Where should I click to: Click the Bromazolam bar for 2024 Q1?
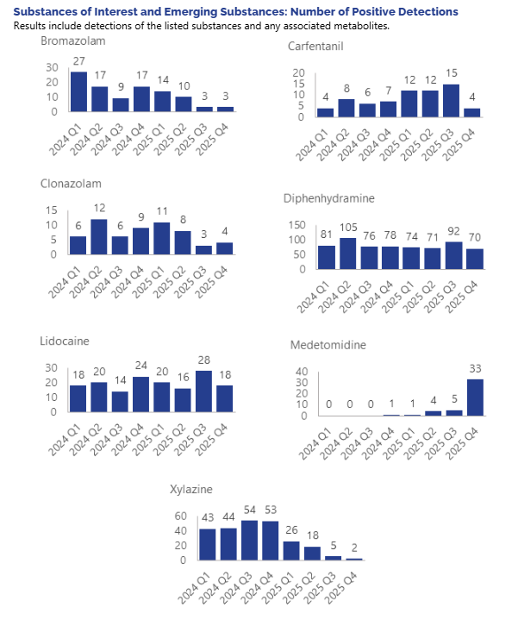tap(78, 91)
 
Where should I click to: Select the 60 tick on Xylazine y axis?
tap(182, 516)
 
